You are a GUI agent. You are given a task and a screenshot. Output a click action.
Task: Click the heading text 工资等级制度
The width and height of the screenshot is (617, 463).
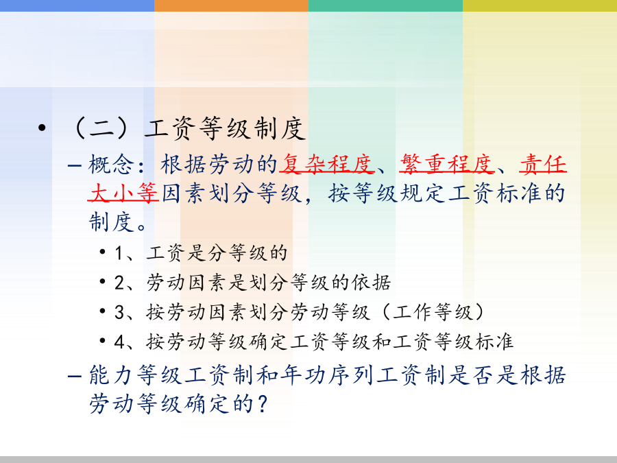click(225, 128)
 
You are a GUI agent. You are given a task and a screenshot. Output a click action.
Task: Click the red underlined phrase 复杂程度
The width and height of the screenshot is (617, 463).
click(326, 164)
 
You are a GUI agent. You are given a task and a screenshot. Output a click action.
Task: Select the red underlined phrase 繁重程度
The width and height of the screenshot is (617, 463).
click(447, 164)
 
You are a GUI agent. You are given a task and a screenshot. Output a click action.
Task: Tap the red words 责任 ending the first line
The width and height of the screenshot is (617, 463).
click(543, 164)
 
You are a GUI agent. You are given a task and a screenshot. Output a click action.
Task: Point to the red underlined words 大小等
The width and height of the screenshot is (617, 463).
click(123, 193)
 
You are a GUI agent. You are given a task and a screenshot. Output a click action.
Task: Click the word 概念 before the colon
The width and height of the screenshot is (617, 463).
click(111, 164)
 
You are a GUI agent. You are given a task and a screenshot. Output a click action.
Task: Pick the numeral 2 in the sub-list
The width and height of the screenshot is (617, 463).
click(119, 283)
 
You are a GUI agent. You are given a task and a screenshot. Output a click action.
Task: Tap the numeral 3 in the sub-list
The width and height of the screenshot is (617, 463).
click(119, 312)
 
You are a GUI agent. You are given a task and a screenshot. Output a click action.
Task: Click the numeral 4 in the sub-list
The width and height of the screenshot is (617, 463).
click(119, 342)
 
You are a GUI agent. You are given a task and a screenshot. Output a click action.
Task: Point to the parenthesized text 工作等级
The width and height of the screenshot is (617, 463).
click(433, 312)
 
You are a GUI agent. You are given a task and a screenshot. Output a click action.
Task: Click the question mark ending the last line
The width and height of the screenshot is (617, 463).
click(262, 404)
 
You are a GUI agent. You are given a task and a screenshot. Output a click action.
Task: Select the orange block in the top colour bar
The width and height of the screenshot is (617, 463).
click(232, 5)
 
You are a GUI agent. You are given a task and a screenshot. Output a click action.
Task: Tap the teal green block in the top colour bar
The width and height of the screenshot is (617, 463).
click(385, 5)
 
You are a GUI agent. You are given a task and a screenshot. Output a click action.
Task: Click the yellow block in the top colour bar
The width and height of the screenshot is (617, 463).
click(540, 5)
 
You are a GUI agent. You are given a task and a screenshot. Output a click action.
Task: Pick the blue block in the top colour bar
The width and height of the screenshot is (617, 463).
click(77, 5)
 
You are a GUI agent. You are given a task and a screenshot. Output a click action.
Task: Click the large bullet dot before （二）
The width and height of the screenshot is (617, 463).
click(42, 128)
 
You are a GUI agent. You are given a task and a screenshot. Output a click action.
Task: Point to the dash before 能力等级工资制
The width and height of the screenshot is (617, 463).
click(74, 376)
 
